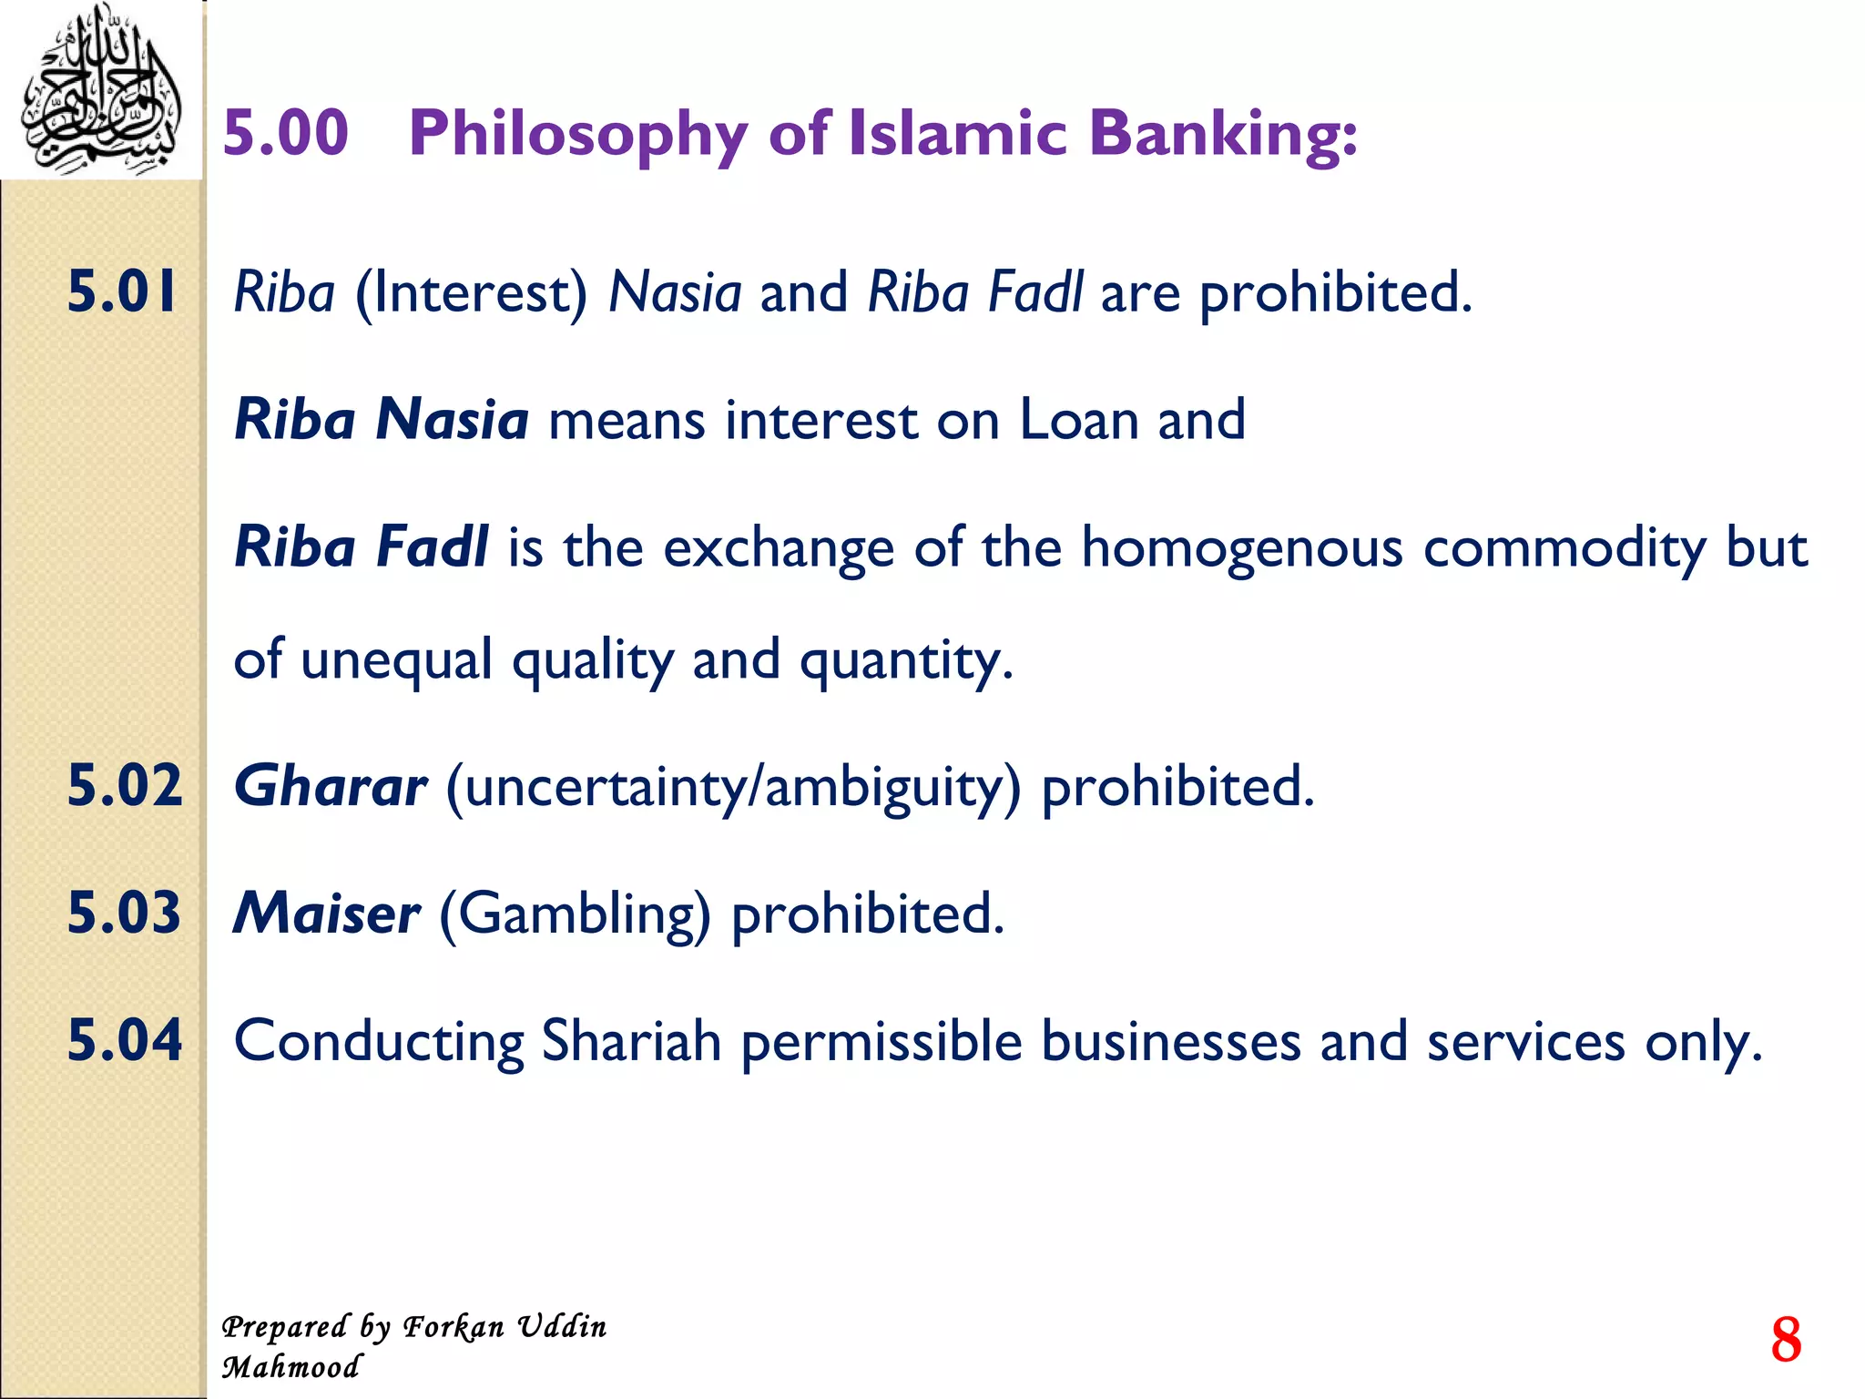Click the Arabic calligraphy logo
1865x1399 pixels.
[100, 89]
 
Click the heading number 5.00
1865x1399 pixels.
[285, 133]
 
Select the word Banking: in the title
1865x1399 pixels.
[1223, 135]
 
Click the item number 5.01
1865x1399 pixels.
[122, 292]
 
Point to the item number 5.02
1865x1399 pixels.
[125, 785]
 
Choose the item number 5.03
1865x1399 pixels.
[125, 913]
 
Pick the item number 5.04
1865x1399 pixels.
[125, 1040]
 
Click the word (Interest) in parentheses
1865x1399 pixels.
[471, 294]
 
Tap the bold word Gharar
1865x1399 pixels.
[330, 786]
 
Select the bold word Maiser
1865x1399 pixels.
[326, 914]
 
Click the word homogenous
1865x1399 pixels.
[1242, 549]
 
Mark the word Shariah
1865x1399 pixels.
[631, 1041]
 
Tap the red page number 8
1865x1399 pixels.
[1786, 1340]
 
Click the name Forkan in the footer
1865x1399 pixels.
[454, 1327]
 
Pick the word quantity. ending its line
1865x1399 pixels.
[906, 661]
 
